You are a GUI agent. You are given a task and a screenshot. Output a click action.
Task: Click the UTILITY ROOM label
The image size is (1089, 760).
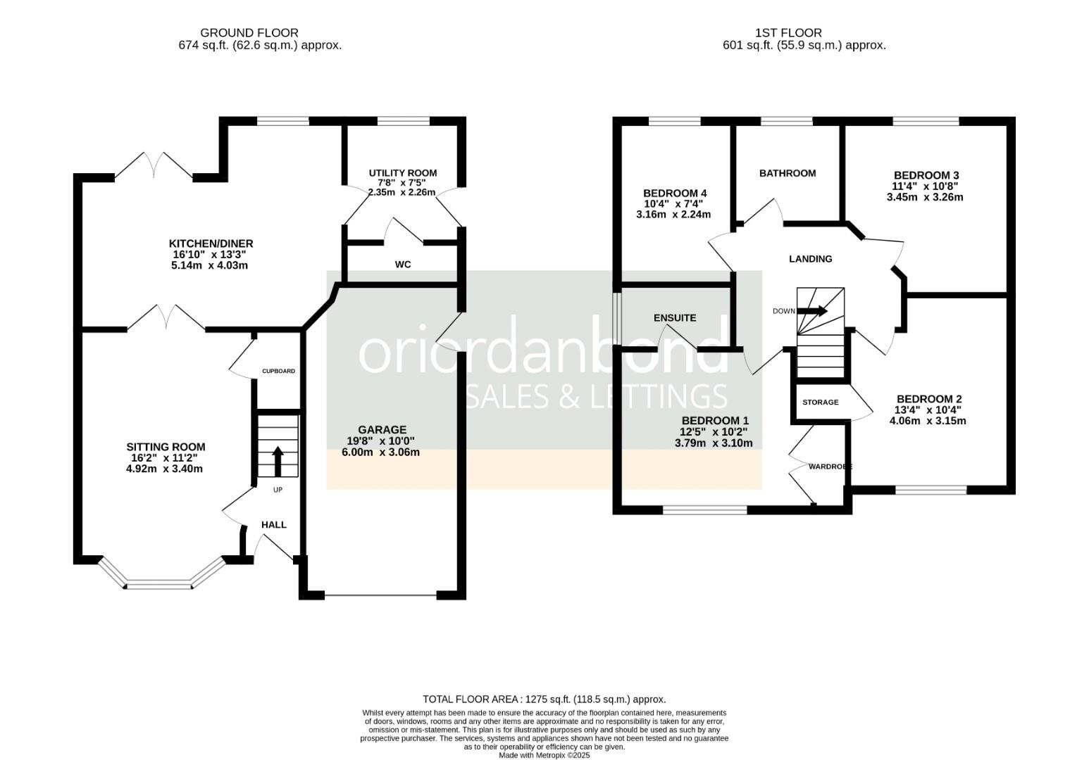point(402,173)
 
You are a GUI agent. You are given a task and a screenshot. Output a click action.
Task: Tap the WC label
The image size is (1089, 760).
point(403,265)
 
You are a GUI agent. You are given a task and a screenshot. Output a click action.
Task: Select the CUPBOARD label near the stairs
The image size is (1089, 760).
point(278,371)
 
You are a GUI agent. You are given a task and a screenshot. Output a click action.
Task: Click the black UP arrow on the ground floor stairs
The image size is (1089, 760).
point(278,462)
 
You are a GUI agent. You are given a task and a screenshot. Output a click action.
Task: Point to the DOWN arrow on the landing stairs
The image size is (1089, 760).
point(811,311)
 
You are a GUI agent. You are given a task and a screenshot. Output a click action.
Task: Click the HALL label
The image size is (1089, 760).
point(274,525)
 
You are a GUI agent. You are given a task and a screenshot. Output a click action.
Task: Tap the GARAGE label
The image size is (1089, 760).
point(382,430)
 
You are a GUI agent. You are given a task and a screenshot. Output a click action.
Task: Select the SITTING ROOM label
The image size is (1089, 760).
point(166,448)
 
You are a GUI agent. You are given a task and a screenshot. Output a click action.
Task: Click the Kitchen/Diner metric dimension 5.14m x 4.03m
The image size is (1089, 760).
point(209,265)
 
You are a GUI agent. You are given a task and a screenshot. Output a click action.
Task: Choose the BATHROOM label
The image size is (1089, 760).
point(788,173)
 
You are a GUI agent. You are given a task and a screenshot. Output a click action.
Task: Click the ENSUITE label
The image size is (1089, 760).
point(675,318)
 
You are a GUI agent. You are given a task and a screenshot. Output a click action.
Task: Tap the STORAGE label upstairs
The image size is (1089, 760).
point(821,403)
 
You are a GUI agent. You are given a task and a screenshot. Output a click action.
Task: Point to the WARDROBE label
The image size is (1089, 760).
point(830,467)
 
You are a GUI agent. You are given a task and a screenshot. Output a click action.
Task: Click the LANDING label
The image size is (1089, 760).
point(811,260)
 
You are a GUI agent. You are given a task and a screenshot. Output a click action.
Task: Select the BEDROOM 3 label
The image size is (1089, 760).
point(926,175)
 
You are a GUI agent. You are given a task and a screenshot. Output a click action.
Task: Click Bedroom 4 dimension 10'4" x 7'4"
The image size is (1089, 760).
point(674,204)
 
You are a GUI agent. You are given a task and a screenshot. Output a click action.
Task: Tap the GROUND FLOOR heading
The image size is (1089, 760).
point(249,33)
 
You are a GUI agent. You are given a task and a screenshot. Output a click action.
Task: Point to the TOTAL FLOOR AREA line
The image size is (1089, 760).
point(544,699)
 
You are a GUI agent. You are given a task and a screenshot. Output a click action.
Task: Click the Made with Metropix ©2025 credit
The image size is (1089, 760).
point(544,756)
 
